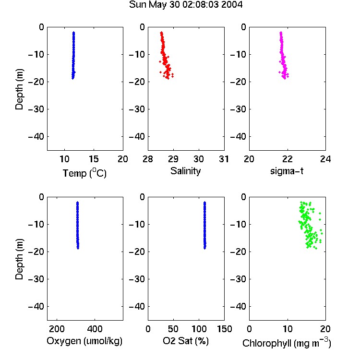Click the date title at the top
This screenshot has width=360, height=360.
[x=185, y=4]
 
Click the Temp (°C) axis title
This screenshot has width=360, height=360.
[x=84, y=173]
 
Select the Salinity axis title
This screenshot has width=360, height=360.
[x=185, y=171]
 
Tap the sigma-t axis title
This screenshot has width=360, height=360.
[x=287, y=171]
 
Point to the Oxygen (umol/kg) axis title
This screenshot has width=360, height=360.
[x=84, y=341]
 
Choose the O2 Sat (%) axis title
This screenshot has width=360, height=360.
[x=185, y=341]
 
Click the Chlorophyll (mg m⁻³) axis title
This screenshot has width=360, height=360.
[x=287, y=343]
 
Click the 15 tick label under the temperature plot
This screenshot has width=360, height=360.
[x=94, y=159]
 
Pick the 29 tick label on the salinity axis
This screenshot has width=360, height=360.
[x=173, y=159]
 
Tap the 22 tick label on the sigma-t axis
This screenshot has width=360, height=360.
[x=287, y=159]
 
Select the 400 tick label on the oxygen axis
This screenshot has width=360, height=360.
[x=95, y=329]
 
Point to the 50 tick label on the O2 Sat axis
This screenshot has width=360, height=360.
[x=173, y=329]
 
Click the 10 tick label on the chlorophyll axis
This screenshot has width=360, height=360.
[x=287, y=329]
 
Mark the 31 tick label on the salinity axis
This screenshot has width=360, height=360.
[x=224, y=159]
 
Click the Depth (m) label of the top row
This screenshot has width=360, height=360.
[x=19, y=89]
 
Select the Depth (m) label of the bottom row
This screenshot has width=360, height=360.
[x=19, y=259]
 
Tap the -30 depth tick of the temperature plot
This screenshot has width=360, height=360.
[x=36, y=109]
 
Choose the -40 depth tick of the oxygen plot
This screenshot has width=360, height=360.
[x=36, y=306]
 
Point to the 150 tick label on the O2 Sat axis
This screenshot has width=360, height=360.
[x=224, y=329]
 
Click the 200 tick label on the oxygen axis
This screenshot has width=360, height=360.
[x=57, y=329]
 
